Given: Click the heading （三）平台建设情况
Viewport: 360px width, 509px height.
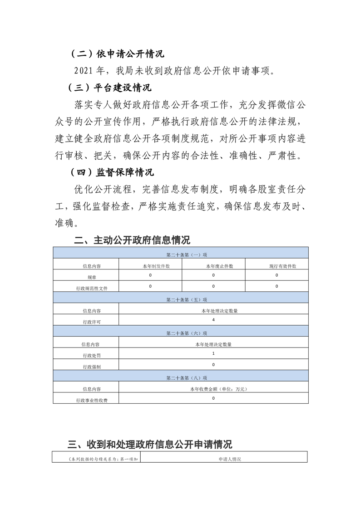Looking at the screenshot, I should tap(111, 87).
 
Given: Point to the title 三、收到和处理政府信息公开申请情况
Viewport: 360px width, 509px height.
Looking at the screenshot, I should tap(150, 443).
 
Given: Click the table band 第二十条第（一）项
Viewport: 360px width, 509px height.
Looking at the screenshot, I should tap(180, 255).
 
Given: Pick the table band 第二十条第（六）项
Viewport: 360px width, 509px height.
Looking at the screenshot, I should tap(180, 333).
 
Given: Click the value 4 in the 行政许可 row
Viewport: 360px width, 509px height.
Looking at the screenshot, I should tap(213, 320).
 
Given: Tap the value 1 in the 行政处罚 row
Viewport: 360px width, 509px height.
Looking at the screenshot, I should tap(213, 353).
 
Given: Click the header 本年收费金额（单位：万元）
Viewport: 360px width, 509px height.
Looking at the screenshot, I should tap(213, 389).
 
